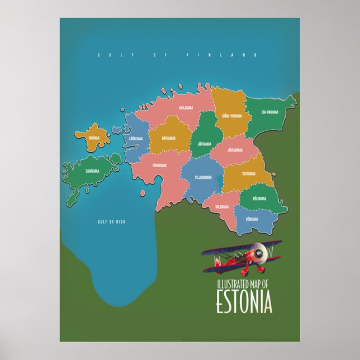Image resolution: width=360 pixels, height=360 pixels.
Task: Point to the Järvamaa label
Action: [204, 144]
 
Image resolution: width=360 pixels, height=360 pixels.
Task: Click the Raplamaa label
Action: [168, 138]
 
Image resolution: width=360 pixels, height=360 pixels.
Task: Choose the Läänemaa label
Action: [135, 138]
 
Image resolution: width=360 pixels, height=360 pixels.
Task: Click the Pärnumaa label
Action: [160, 165]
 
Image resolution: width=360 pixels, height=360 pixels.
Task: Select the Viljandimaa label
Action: [203, 177]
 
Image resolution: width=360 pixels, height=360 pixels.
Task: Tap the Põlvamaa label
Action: [259, 198]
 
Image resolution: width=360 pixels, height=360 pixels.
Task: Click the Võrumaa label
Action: [251, 219]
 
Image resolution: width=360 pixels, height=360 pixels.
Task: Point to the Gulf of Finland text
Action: [177, 55]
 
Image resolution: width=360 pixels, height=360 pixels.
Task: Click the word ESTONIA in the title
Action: [244, 302]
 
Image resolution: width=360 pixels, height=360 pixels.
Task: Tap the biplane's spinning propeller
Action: [257, 254]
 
